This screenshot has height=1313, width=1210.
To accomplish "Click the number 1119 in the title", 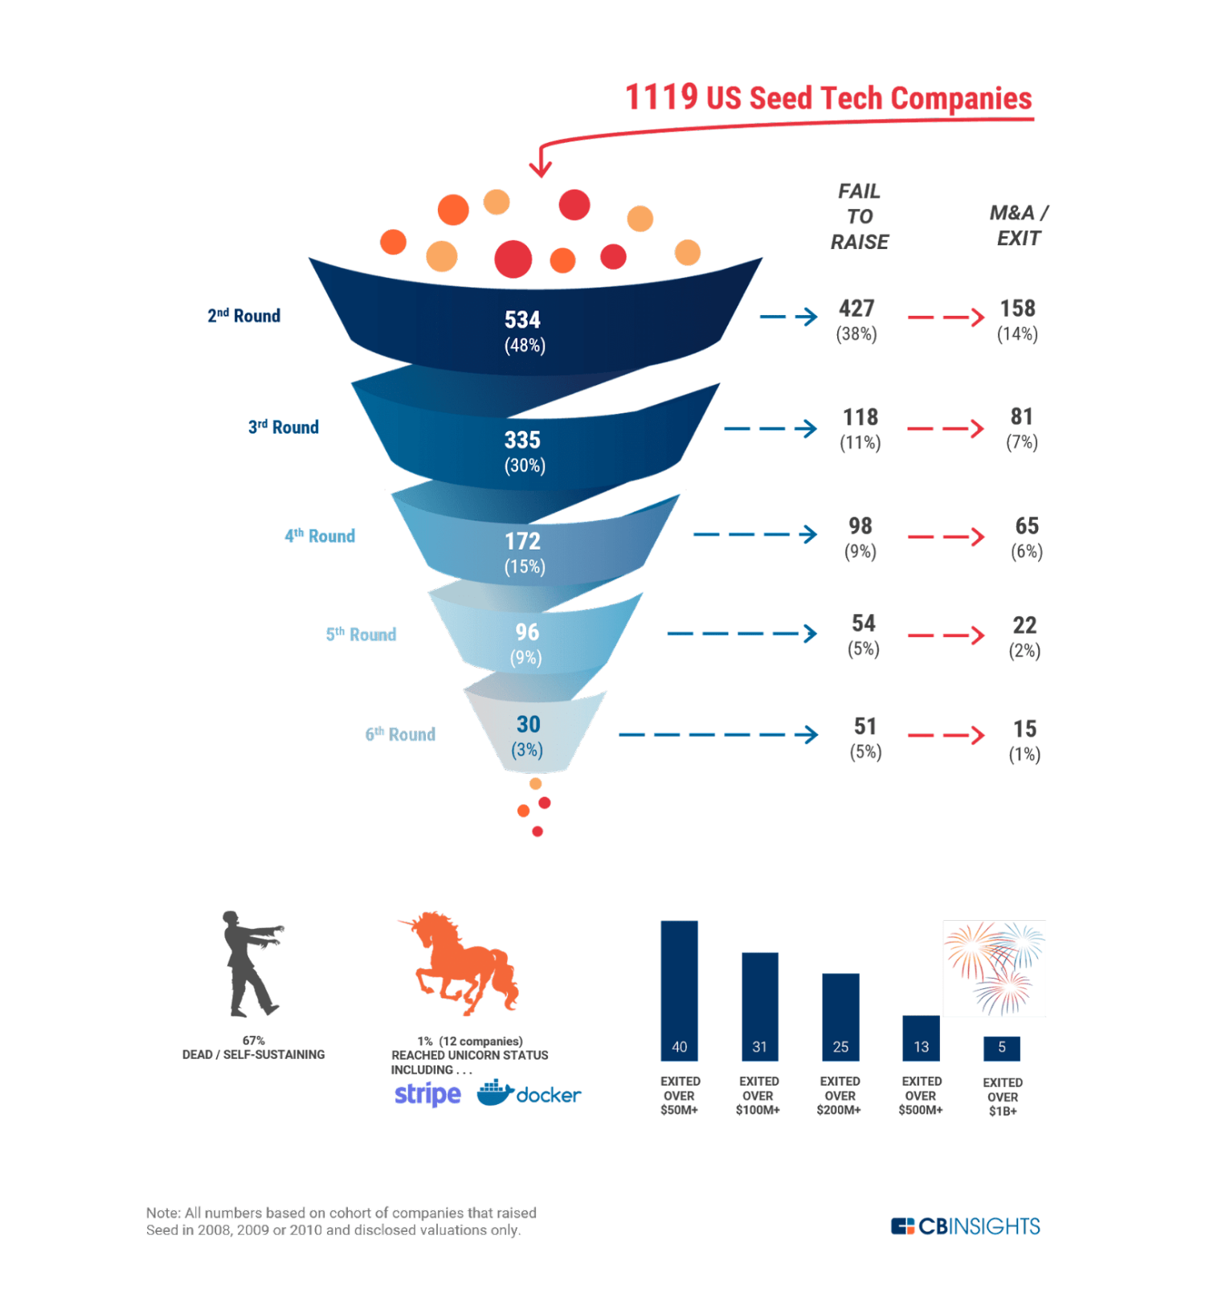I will click(x=661, y=97).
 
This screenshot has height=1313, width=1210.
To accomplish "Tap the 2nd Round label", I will click(x=243, y=316).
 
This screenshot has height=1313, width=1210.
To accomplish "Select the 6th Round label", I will click(x=400, y=734).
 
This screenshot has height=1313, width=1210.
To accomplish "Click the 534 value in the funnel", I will click(x=522, y=320).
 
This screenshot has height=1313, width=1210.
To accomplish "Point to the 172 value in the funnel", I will click(x=522, y=542).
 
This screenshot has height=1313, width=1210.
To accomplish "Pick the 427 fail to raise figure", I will click(x=856, y=309).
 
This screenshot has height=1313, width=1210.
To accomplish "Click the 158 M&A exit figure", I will click(x=1017, y=309).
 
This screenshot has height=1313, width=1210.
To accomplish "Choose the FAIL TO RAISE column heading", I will click(x=860, y=216).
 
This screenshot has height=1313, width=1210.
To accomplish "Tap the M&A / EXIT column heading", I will click(x=1019, y=225).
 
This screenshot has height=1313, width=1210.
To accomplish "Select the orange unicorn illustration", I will click(x=462, y=962).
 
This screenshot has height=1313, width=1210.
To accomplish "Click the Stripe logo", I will click(x=427, y=1094).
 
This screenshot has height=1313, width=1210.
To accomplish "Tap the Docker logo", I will click(x=529, y=1094).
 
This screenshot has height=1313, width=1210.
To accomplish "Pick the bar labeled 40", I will click(x=679, y=990).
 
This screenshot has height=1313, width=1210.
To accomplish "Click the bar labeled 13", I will click(x=921, y=1037).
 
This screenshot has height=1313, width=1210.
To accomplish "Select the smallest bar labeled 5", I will click(x=1001, y=1048).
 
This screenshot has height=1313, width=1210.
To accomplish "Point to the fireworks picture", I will click(x=994, y=968).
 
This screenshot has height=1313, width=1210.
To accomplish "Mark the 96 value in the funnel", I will click(x=527, y=632).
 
